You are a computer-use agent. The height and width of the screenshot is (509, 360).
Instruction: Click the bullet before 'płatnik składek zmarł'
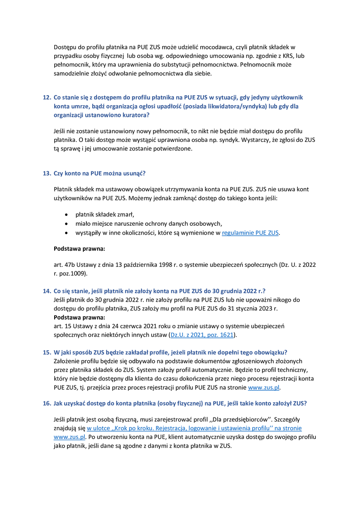(x=66, y=215)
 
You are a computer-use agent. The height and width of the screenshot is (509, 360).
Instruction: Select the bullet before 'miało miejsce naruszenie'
(x=66, y=224)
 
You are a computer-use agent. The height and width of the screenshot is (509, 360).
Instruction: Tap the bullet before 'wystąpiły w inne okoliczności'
(x=66, y=233)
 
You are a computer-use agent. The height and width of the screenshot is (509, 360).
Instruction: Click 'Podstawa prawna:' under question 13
(x=79, y=248)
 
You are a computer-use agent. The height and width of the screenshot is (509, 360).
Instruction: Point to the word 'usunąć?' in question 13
(x=139, y=173)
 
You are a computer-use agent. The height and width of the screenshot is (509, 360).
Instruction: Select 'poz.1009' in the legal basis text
(x=72, y=273)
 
